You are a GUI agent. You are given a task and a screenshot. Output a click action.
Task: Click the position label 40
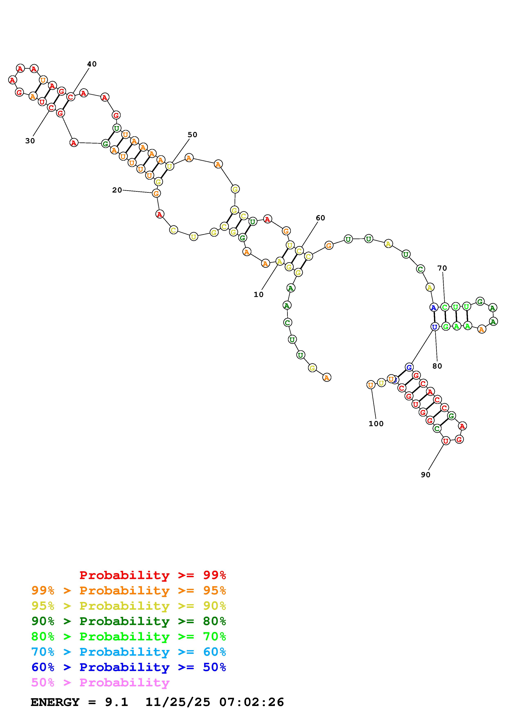(92, 64)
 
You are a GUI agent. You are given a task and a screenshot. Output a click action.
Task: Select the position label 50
(192, 135)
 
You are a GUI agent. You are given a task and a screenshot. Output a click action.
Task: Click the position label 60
(320, 218)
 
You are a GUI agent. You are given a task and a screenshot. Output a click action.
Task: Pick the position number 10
(258, 295)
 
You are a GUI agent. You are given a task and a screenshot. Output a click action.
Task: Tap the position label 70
(442, 268)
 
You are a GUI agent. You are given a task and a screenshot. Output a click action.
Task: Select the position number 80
(437, 366)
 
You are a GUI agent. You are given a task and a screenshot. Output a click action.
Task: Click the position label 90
(425, 475)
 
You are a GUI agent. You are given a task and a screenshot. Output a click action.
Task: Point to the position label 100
(376, 424)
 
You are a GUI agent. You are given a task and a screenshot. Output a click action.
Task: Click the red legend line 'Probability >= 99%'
(153, 575)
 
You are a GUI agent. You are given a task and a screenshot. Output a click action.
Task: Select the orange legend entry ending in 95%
(129, 590)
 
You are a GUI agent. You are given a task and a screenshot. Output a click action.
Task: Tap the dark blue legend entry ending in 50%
(129, 667)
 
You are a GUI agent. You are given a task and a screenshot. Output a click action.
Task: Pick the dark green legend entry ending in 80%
(129, 621)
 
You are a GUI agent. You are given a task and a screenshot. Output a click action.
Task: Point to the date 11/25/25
(178, 702)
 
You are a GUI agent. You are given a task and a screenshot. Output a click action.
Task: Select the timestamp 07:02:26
(252, 702)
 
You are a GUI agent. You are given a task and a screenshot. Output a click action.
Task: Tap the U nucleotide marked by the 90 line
(445, 441)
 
